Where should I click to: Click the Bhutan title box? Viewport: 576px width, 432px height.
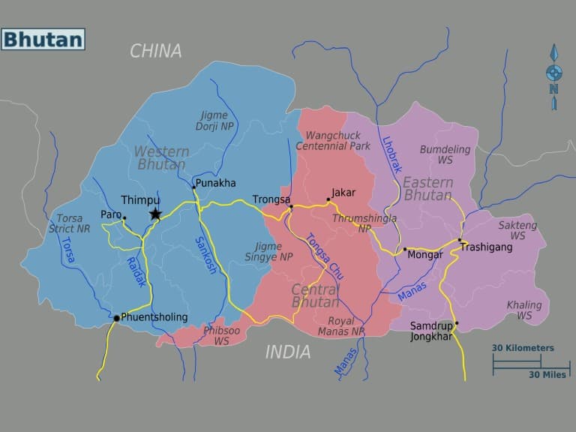[43, 39]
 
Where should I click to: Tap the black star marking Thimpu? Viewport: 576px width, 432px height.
[155, 214]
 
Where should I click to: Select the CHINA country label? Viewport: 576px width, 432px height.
[156, 51]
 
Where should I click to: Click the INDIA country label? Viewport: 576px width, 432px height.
[287, 351]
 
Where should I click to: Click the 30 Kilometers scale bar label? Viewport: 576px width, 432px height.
[523, 348]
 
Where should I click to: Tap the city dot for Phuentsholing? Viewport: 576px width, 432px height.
[116, 318]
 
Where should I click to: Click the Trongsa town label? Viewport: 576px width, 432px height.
[271, 199]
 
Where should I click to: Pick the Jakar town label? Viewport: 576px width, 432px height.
[343, 193]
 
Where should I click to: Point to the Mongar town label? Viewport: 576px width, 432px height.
[424, 255]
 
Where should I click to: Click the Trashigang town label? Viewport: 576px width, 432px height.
[486, 246]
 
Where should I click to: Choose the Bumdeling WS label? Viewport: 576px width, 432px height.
[445, 154]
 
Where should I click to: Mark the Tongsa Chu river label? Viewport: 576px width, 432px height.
[324, 256]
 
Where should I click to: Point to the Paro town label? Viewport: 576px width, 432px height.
[111, 214]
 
